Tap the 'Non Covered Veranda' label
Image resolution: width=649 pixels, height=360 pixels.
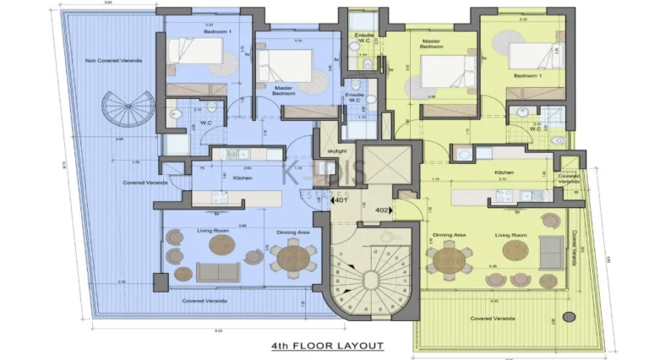point(112,61)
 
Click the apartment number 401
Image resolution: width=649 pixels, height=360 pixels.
point(341,201)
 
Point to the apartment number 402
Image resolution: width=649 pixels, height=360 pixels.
point(381,210)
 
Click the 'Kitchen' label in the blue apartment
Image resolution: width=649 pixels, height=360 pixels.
point(243,178)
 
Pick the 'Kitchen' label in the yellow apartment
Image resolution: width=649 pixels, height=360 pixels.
point(504,172)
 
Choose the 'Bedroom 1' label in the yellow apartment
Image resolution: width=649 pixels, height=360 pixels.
point(528,75)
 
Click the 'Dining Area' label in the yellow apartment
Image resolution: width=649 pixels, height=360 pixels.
point(450,235)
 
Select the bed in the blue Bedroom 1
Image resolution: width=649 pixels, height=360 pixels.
point(198,52)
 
